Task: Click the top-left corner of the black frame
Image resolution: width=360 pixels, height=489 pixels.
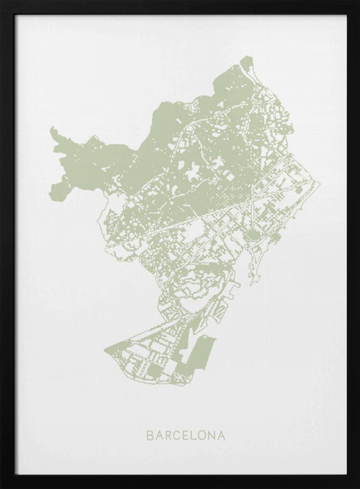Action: [1, 1]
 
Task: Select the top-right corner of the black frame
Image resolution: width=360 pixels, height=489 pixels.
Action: [358, 1]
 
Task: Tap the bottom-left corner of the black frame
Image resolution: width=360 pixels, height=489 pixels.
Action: [1, 487]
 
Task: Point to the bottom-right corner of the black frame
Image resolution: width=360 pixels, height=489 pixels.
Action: [358, 487]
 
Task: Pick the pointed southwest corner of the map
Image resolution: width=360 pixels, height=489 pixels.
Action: [103, 352]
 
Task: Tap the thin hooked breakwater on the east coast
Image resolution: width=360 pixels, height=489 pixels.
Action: [254, 270]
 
